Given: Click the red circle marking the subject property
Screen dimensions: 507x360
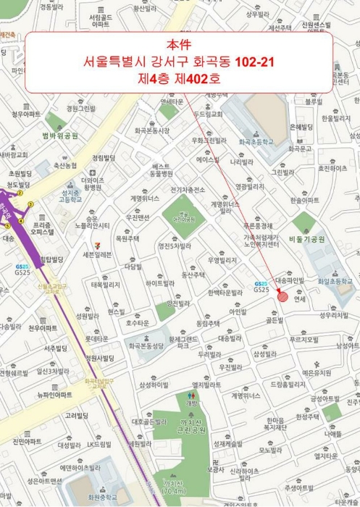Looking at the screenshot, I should pyautogui.click(x=282, y=297).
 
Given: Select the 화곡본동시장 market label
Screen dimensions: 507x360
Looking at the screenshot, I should pyautogui.click(x=151, y=130).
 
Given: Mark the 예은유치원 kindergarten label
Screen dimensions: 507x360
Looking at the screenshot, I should pyautogui.click(x=316, y=372).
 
